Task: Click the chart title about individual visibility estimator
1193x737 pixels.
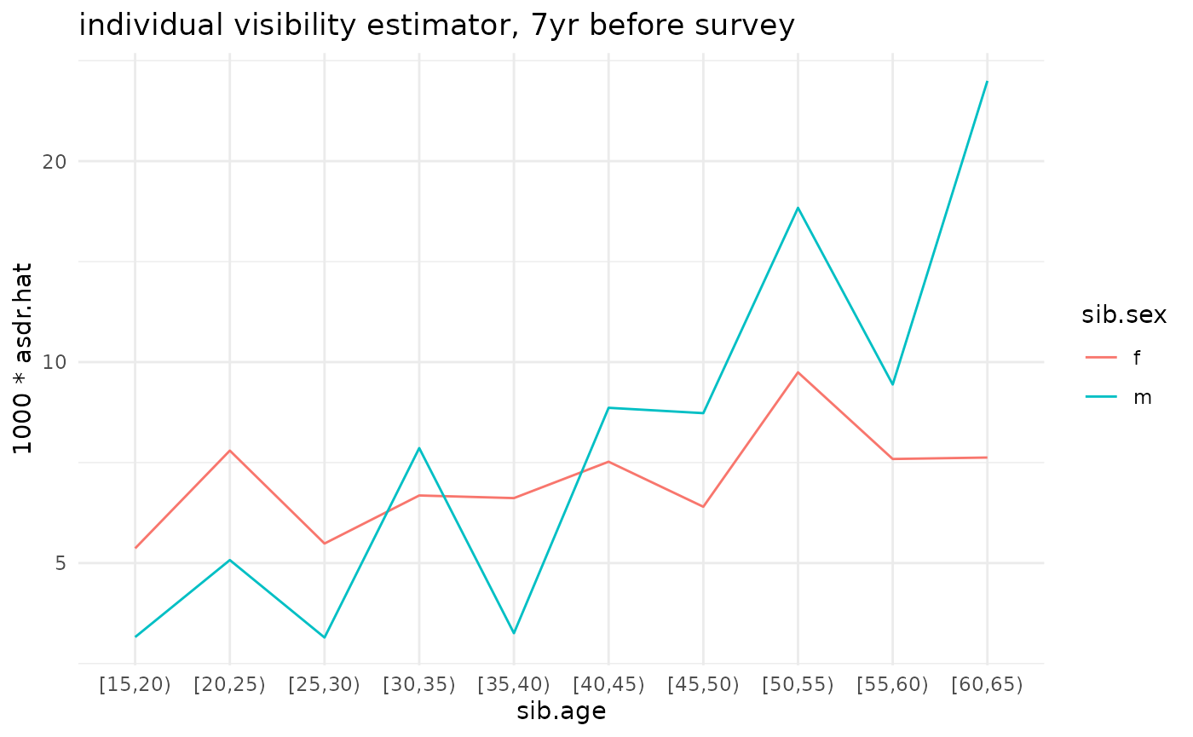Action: pyautogui.click(x=436, y=26)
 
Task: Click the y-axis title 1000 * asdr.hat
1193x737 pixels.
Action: pyautogui.click(x=24, y=357)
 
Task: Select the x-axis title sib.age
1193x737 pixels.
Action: pyautogui.click(x=561, y=712)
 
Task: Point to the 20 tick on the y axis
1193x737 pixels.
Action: pyautogui.click(x=54, y=161)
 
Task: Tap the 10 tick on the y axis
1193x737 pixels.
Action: pyautogui.click(x=54, y=362)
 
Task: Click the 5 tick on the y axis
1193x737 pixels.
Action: pyautogui.click(x=60, y=563)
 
